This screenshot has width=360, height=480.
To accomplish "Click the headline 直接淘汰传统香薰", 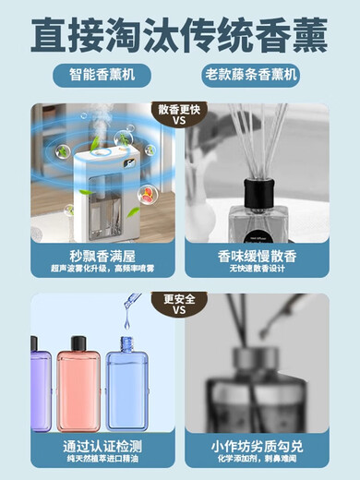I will (179, 36).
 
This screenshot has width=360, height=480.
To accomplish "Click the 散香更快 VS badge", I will (181, 114).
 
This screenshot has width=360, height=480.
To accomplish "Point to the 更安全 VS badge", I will (181, 304).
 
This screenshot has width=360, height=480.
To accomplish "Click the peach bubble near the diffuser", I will (146, 193).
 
